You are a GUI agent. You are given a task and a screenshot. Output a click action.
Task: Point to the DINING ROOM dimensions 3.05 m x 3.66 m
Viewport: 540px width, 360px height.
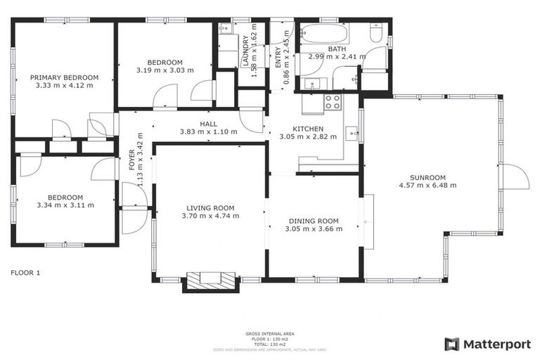tap(314, 229)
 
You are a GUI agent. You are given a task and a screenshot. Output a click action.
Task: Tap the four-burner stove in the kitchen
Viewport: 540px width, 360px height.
tap(332, 102)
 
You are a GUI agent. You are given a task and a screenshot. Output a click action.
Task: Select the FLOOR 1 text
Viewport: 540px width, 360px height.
tap(25, 272)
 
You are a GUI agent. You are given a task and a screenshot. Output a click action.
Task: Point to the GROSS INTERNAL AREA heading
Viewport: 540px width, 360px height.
tap(269, 333)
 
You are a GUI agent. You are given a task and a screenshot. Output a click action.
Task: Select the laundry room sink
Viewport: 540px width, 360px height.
tap(225, 29)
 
